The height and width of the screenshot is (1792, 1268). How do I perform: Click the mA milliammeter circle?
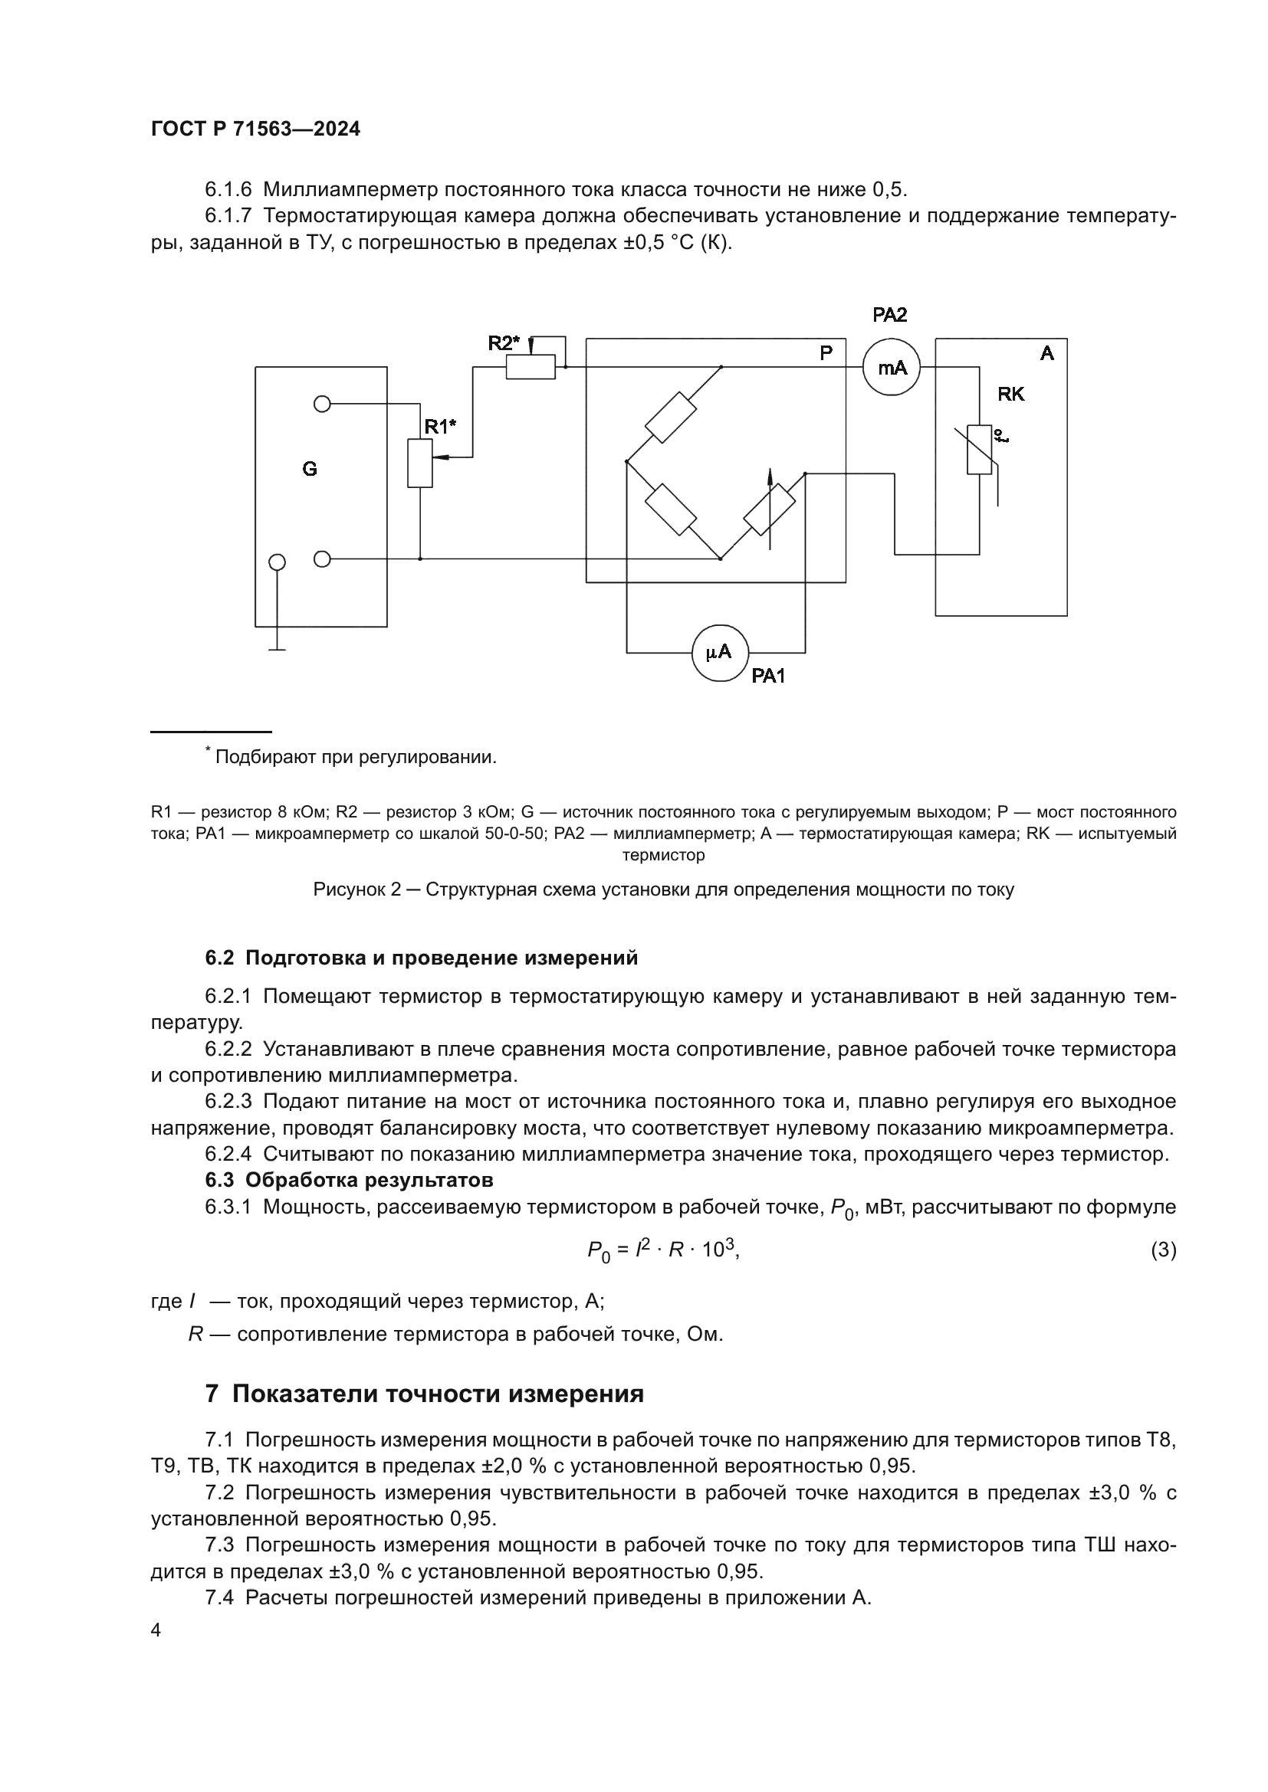click(x=891, y=368)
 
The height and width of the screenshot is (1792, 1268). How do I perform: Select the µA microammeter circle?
click(x=720, y=653)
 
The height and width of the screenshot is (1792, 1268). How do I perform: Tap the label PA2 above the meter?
click(x=889, y=316)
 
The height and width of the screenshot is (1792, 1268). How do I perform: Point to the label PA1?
click(x=768, y=677)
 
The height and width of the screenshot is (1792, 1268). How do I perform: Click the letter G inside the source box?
click(x=310, y=469)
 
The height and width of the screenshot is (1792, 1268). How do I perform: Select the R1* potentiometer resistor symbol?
click(x=420, y=463)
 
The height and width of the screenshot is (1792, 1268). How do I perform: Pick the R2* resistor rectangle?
click(x=531, y=367)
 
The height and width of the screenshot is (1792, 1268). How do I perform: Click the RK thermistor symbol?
click(x=979, y=450)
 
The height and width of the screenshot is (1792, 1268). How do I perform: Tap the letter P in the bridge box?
click(x=826, y=352)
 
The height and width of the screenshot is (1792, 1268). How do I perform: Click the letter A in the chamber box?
click(x=1047, y=353)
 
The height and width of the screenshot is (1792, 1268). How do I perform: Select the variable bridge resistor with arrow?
click(x=769, y=508)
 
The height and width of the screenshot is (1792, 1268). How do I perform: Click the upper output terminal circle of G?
click(x=322, y=404)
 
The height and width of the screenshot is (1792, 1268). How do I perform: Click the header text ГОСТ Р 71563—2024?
click(x=255, y=129)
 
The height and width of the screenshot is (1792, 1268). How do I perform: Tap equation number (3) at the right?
click(x=1164, y=1250)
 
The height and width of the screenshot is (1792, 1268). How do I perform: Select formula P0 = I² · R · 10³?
click(x=662, y=1250)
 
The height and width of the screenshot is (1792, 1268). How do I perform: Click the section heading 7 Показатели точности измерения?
click(x=425, y=1393)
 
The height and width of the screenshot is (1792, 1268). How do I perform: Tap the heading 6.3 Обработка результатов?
click(x=349, y=1178)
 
